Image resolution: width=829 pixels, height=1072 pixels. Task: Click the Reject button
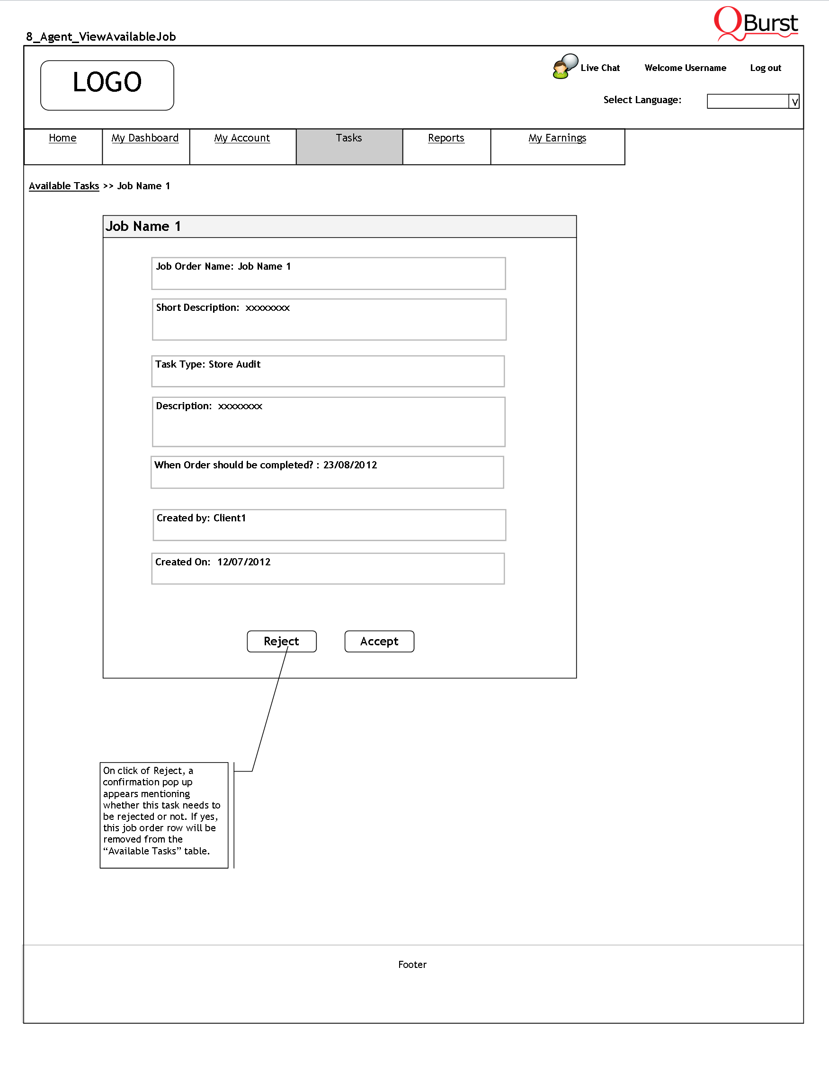tap(281, 641)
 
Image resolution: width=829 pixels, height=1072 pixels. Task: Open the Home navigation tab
tap(62, 138)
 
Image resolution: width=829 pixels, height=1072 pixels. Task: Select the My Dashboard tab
tap(145, 138)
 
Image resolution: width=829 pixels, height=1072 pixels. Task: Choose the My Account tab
tap(242, 138)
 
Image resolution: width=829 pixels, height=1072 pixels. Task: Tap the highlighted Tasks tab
tap(349, 146)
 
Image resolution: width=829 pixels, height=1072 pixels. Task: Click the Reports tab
tap(446, 138)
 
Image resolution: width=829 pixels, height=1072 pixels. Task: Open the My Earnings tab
tap(557, 138)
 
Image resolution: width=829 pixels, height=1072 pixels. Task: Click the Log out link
tap(765, 68)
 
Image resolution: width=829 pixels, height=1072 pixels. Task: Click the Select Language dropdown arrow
tap(794, 102)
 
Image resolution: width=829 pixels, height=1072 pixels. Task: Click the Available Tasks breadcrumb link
tap(64, 186)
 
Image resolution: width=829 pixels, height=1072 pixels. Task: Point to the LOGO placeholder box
tap(107, 86)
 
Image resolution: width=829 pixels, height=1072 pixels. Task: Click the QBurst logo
tap(756, 24)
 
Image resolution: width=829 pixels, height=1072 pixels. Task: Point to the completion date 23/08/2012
tap(350, 465)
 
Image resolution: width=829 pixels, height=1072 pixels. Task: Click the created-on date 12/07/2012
tap(244, 562)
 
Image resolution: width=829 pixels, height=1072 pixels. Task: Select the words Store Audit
tap(234, 364)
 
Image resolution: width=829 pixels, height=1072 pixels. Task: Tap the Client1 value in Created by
tap(229, 518)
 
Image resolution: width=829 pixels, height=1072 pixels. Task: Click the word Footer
tap(412, 965)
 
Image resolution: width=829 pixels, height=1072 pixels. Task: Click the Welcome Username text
tap(685, 68)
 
